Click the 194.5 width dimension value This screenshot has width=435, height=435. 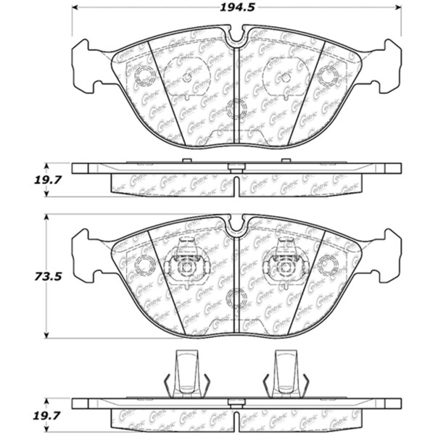[236, 9]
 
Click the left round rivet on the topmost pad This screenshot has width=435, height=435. [142, 75]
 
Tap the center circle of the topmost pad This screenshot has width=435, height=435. [236, 111]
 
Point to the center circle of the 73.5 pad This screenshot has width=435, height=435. [236, 298]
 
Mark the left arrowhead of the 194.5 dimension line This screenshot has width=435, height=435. [75, 9]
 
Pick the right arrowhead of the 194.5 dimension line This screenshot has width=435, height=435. [397, 9]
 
